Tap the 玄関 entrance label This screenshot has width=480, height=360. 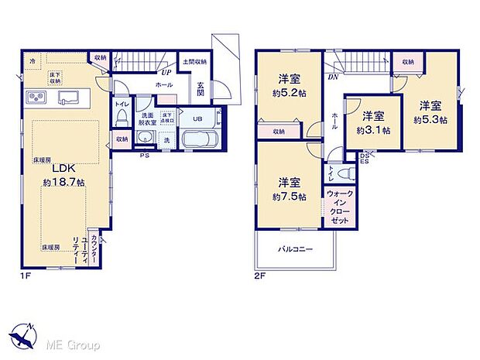[201, 89]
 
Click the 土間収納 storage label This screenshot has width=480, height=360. [194, 61]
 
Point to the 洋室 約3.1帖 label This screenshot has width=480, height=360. [374, 123]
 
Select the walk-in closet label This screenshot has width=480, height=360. [338, 207]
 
